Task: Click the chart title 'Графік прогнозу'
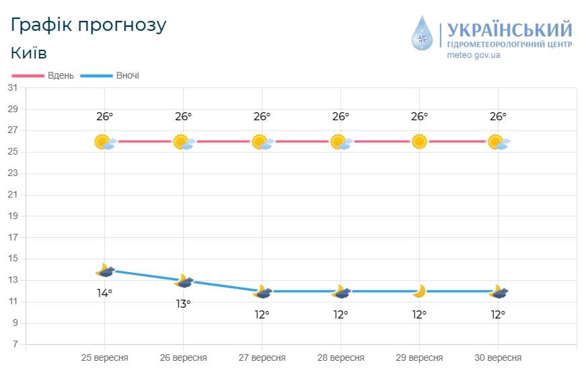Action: (88, 25)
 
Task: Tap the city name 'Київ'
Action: (29, 52)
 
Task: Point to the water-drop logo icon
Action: (423, 34)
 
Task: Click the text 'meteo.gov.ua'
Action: (474, 56)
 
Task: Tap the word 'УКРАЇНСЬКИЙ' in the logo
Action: (509, 30)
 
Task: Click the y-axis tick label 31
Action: (13, 88)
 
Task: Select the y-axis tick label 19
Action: (13, 216)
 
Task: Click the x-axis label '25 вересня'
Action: (104, 357)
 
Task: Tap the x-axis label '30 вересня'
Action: (497, 357)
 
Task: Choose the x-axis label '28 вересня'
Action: (340, 357)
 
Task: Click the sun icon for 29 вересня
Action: (419, 142)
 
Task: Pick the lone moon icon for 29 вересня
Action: (419, 291)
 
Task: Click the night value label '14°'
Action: (104, 293)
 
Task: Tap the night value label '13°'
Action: (183, 304)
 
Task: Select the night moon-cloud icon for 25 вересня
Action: (105, 270)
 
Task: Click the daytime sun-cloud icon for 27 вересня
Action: (262, 142)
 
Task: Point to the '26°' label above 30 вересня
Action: (498, 116)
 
